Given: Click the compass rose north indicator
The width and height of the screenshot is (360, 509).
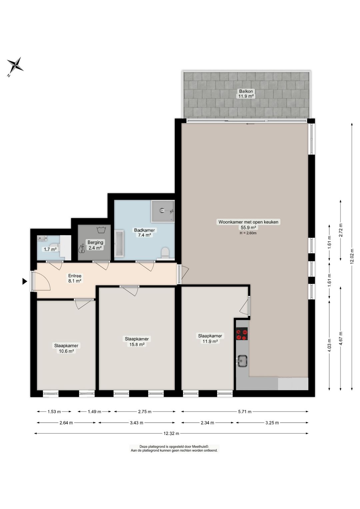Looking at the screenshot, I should pyautogui.click(x=15, y=65).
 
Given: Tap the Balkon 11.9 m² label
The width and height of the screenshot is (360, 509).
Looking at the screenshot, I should pyautogui.click(x=246, y=94).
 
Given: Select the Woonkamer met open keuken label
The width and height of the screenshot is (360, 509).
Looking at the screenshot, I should pyautogui.click(x=248, y=222).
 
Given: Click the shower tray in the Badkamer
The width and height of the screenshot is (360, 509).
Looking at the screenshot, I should pyautogui.click(x=163, y=211).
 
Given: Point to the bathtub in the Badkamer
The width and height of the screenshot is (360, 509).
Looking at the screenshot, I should pyautogui.click(x=119, y=244).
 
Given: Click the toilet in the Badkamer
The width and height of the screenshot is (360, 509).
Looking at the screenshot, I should pyautogui.click(x=165, y=253).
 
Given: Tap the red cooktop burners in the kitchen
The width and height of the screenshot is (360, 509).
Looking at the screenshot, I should pyautogui.click(x=242, y=334).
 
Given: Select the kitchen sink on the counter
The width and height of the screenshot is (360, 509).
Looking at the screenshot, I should pyautogui.click(x=242, y=361).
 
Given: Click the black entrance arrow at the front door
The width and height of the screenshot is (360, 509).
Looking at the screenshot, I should pyautogui.click(x=24, y=281).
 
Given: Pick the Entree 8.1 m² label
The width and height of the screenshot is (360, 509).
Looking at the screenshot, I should pyautogui.click(x=75, y=278).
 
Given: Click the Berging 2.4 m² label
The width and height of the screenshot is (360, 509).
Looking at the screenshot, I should pyautogui.click(x=95, y=245).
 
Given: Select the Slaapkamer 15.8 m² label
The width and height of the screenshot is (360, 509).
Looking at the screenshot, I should pyautogui.click(x=137, y=342).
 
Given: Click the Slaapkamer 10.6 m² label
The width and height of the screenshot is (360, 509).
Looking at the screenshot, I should pyautogui.click(x=66, y=348).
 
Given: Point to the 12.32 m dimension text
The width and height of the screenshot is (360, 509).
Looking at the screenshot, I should pyautogui.click(x=171, y=433).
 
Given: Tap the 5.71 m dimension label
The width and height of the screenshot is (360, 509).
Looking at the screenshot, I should pyautogui.click(x=245, y=412).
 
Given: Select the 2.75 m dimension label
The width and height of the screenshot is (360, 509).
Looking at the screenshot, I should pyautogui.click(x=145, y=412).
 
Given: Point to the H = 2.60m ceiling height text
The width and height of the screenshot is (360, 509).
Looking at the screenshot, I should pyautogui.click(x=248, y=233).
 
